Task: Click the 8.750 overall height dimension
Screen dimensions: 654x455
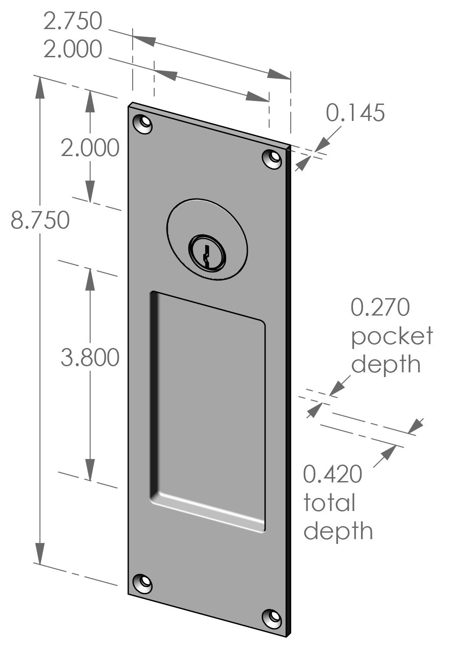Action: coord(40,220)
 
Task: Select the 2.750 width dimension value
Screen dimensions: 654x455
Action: coord(73,21)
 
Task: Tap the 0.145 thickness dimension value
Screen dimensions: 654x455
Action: coord(355,113)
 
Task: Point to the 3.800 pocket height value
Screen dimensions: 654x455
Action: coord(90,358)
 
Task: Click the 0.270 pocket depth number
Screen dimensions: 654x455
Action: coord(380,308)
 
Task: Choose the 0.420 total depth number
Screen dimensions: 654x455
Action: coord(332,474)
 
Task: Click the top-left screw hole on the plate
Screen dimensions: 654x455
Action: coord(144,124)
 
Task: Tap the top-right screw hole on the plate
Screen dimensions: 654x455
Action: coord(273,158)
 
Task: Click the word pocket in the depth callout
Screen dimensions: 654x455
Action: coord(392,336)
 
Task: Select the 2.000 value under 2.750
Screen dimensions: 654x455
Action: coord(73,49)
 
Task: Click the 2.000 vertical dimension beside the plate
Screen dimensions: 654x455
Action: coord(90,148)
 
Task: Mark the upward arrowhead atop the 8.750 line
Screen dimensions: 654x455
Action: coord(40,87)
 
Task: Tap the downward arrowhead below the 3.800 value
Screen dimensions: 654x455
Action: coord(90,470)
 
